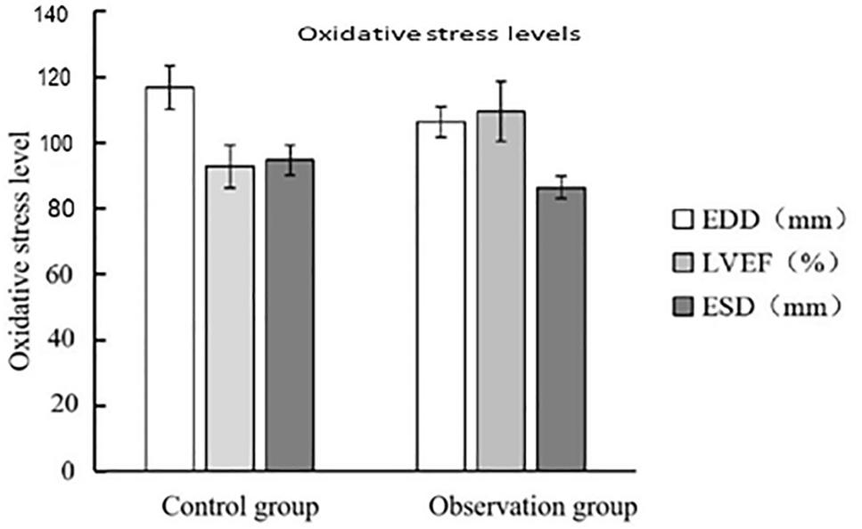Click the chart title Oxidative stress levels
(439, 36)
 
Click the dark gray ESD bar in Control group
(290, 315)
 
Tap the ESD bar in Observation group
(561, 329)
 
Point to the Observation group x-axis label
(533, 508)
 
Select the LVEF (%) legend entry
(757, 263)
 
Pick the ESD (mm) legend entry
(757, 306)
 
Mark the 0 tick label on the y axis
(78, 471)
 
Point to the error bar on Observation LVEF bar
(501, 111)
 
